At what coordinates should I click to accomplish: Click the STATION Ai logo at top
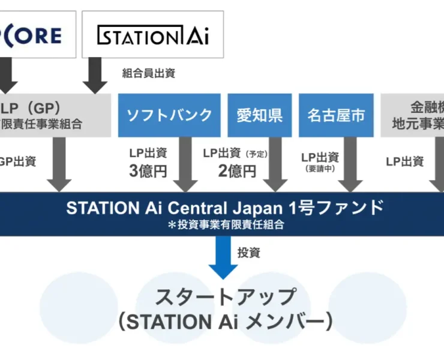pos(152,35)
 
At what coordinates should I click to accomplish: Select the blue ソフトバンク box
pos(170,115)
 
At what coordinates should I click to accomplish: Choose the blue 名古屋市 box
pos(336,115)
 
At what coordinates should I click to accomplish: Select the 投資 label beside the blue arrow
pos(249,253)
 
